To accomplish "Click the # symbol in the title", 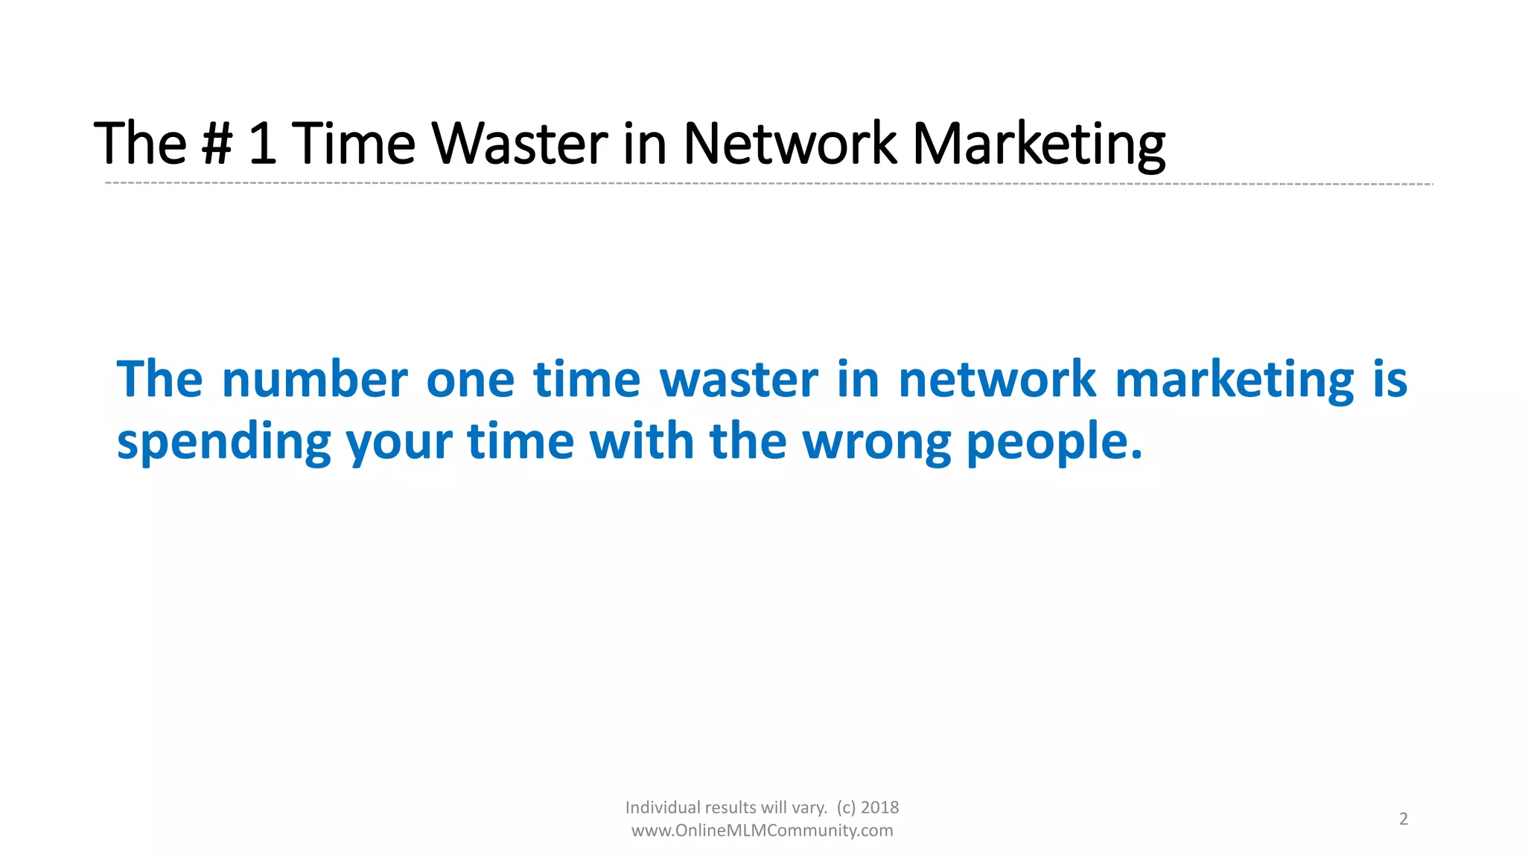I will (x=217, y=144).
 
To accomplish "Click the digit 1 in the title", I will (x=262, y=144).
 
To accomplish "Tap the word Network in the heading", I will (x=789, y=144).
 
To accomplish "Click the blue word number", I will (x=315, y=380).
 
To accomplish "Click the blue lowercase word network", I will (x=996, y=380).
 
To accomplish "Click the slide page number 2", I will (x=1403, y=819).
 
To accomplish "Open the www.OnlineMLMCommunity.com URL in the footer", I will (x=762, y=830).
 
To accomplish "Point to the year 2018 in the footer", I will (x=879, y=807).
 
